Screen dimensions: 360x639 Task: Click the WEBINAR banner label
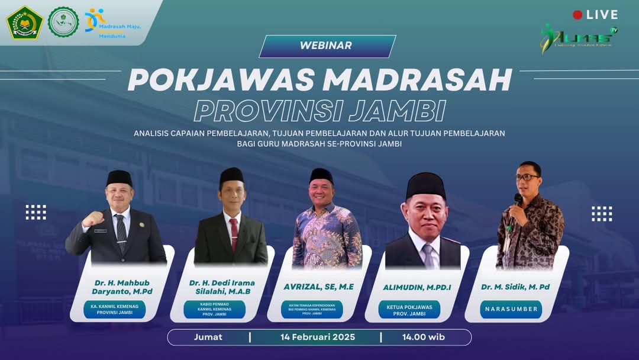click(326, 46)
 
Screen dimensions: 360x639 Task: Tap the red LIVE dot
click(577, 15)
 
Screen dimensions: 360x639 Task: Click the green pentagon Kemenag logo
click(24, 22)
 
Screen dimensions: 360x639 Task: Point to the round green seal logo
click(63, 22)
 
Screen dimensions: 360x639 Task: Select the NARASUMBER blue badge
click(511, 309)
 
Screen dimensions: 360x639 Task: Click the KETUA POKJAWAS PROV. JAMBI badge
click(409, 310)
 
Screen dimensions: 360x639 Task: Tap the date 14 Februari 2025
click(318, 337)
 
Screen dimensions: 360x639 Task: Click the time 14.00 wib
click(424, 337)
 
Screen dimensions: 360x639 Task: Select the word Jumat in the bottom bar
click(208, 337)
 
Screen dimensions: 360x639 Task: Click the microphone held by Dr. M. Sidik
click(518, 199)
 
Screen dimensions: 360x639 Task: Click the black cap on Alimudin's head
click(425, 185)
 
